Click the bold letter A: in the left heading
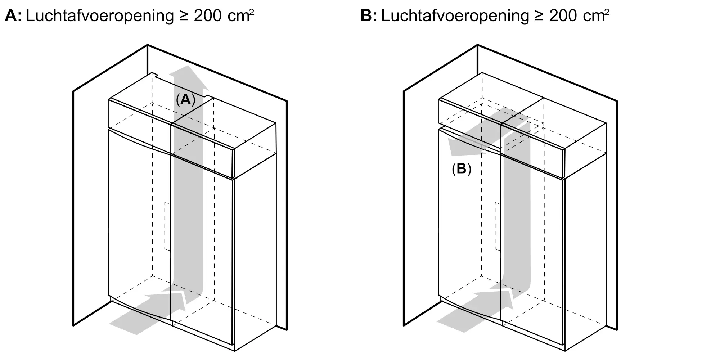pos(13,16)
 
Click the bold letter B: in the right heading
pos(369,16)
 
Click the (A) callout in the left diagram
pos(185,99)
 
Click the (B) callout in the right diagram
pos(462,169)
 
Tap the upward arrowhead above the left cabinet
pos(189,77)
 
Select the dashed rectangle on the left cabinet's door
pos(167,226)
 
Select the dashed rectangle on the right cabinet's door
pos(497,226)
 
